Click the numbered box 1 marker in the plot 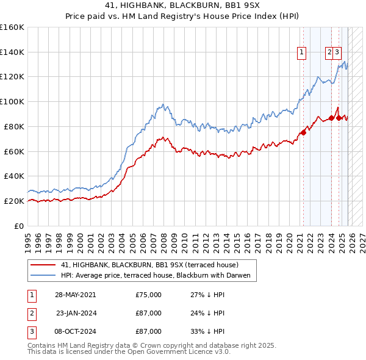(302, 53)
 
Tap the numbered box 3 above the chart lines (337, 53)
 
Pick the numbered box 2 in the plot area (329, 53)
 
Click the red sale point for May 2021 (303, 132)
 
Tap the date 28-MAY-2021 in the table (75, 294)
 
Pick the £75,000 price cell (149, 294)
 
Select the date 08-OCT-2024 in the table (75, 332)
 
